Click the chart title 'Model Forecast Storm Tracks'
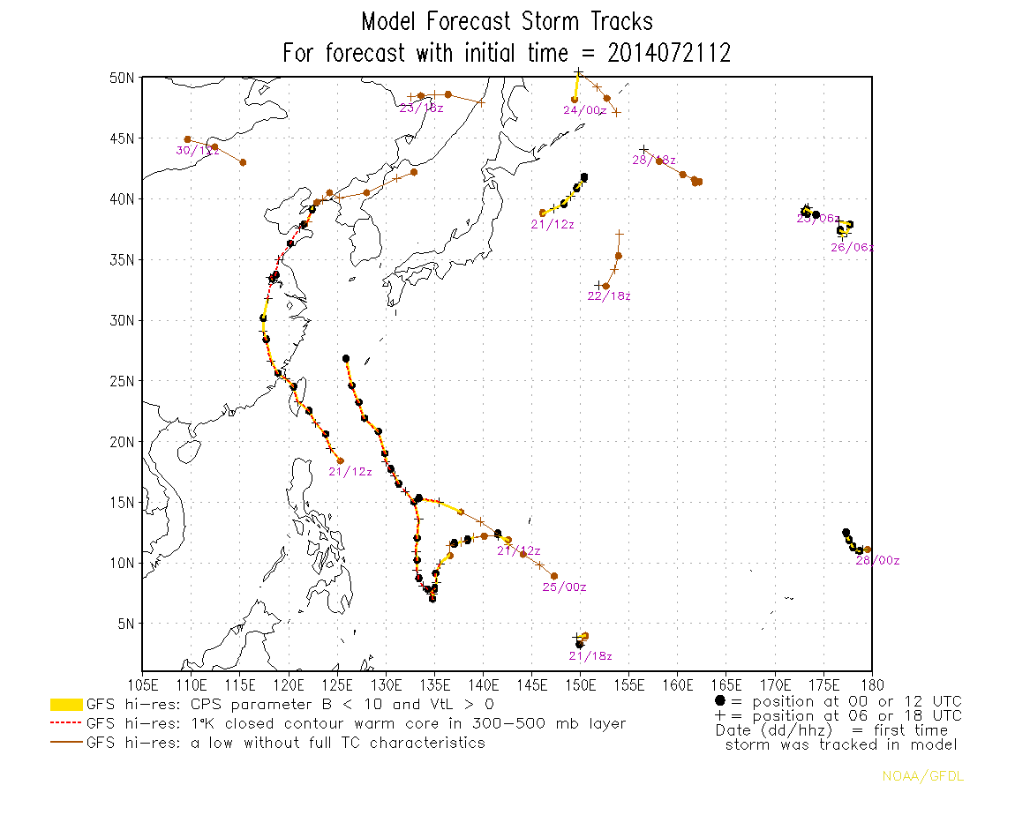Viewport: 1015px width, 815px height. click(507, 21)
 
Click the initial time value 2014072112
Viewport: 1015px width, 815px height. click(669, 53)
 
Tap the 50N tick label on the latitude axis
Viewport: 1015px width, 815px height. click(122, 78)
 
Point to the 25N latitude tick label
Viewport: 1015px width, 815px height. click(122, 381)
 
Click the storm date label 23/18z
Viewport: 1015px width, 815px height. click(421, 108)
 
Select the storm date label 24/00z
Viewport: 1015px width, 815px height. click(584, 110)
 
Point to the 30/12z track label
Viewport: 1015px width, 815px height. click(197, 151)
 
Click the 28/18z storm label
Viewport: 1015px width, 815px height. click(654, 160)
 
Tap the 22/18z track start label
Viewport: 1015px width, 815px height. click(609, 296)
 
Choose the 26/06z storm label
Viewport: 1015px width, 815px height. click(852, 248)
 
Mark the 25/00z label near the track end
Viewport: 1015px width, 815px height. click(564, 587)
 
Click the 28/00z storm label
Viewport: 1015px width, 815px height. click(877, 561)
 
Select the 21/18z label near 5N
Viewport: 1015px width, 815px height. click(590, 656)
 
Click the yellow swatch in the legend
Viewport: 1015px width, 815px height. click(66, 705)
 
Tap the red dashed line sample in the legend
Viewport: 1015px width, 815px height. click(66, 724)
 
